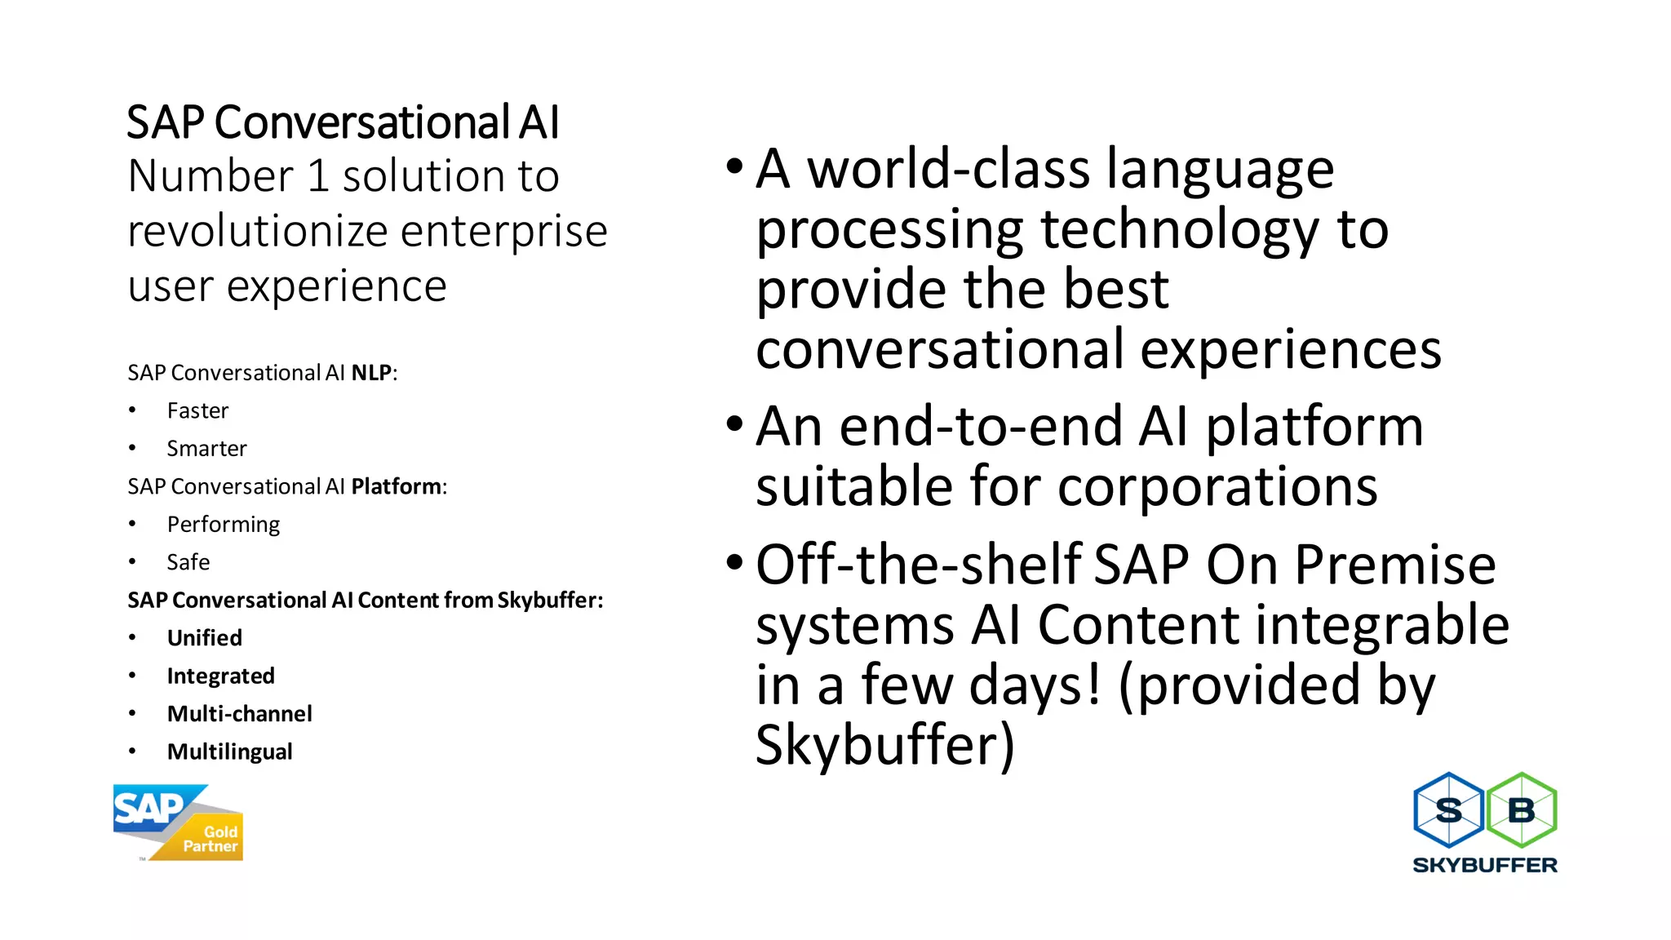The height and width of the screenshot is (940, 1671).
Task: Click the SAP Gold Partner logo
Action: pos(178,822)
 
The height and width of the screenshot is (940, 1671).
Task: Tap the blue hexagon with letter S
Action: pos(1448,810)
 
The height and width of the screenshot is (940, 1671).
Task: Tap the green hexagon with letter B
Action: pos(1522,810)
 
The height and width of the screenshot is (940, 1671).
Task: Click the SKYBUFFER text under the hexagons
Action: pos(1485,865)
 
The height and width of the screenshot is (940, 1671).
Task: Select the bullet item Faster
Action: pos(197,410)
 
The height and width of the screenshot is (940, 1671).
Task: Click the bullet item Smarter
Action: pos(206,449)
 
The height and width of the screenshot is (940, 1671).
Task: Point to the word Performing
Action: pos(224,525)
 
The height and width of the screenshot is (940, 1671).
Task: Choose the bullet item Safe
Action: pos(188,562)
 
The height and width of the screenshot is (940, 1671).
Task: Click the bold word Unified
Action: pos(205,638)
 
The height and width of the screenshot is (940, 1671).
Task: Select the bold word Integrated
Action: pos(221,676)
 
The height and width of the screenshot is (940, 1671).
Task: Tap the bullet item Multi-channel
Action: pos(240,714)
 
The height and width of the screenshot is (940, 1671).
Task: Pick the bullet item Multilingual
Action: pos(230,752)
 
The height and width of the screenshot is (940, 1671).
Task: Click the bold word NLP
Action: pos(371,373)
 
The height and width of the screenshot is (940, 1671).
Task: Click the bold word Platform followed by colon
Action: pos(397,486)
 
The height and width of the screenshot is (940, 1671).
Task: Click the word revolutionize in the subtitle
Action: pos(258,231)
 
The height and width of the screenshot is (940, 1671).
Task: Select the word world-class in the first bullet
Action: pos(949,169)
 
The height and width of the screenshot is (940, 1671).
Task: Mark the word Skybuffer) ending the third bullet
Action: pos(885,744)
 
